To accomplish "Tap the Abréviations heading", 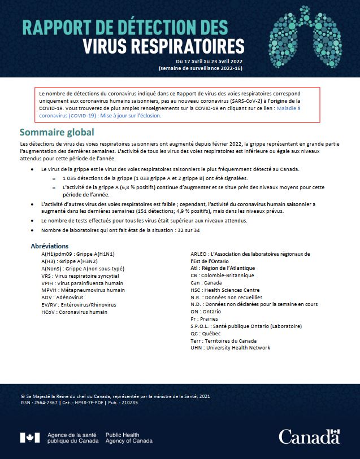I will click(x=49, y=246).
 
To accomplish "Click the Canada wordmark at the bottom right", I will click(x=309, y=436).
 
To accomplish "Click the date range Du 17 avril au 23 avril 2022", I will click(x=210, y=60).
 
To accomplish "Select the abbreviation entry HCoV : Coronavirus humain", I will click(x=74, y=312).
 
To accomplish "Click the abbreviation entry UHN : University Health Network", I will click(x=231, y=348).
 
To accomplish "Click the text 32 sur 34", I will click(x=183, y=230).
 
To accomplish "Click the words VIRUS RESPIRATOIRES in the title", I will click(x=164, y=45).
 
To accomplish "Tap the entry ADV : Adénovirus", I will click(x=63, y=298).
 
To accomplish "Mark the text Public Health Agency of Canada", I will click(x=129, y=438).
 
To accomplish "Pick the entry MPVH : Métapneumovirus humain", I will click(x=83, y=290).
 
